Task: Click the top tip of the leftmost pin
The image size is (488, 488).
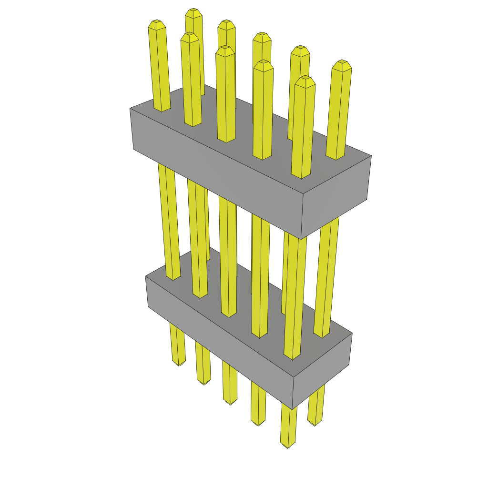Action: coord(157,22)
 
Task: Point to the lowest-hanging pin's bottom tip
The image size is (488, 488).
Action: coord(288,447)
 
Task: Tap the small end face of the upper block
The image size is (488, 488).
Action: coord(336,195)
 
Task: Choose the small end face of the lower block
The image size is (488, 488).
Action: coord(322,369)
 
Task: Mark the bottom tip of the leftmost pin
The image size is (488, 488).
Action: coord(180,365)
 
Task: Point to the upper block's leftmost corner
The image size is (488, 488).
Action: coord(130,109)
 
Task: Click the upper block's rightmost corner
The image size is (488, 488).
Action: coord(371,156)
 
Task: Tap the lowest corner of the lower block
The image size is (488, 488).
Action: coord(292,409)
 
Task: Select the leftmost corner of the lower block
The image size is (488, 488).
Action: coord(146,277)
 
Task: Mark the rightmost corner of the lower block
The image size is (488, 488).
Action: coord(352,333)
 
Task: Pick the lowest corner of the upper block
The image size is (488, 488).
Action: coord(301,239)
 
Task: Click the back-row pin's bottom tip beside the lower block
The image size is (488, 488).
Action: coord(315,424)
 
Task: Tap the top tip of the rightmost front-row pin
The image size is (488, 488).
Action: coord(305,78)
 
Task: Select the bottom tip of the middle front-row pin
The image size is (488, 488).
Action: coord(230,403)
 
